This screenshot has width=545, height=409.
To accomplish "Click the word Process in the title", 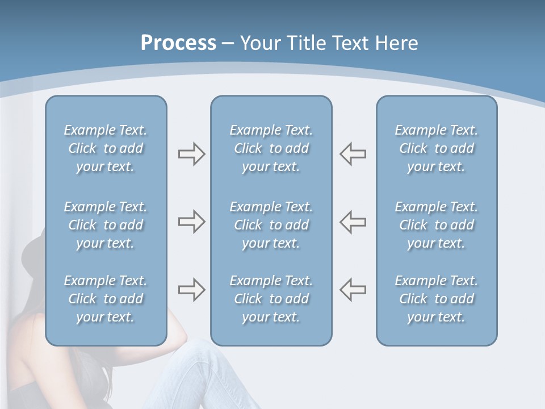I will tap(178, 43).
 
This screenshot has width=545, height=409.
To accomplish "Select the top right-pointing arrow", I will tap(191, 154).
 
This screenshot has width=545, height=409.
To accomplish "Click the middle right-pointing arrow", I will tap(191, 222).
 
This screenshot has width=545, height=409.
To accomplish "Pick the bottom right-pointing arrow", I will tap(191, 290).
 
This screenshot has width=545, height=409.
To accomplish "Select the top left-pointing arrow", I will tap(353, 154).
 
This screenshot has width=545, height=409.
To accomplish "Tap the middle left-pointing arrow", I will tap(353, 222).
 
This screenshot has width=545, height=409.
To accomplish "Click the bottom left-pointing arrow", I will tap(353, 290).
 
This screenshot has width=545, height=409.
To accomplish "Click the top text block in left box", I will tap(106, 148).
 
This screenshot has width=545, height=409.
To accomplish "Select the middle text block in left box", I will tap(106, 225).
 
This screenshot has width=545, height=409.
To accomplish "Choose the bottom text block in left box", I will tap(106, 299).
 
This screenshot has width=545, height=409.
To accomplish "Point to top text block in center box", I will tap(271, 148).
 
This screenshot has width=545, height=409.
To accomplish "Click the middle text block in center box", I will tap(271, 225).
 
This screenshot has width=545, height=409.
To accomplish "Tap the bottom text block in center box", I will tap(271, 299).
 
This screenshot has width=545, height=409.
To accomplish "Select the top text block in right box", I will tap(436, 148).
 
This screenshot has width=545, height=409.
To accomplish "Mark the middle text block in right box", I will tap(436, 225).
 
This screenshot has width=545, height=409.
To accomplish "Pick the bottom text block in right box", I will tap(436, 299).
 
